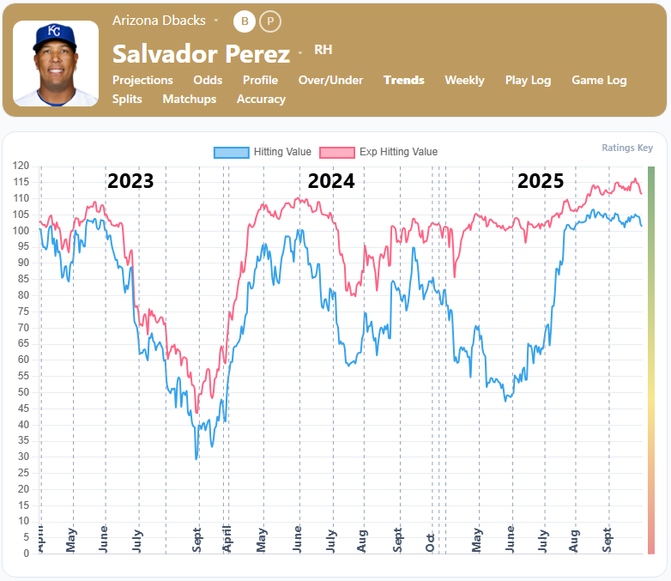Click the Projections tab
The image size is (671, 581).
point(142,80)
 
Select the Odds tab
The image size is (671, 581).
point(208,80)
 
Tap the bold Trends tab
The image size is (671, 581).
point(404,80)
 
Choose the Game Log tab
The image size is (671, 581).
point(599,80)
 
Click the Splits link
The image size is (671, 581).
point(127,99)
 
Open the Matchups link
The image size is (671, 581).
point(190,99)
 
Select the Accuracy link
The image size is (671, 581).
point(261,99)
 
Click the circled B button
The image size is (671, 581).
point(245,21)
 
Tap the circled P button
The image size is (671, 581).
point(270,21)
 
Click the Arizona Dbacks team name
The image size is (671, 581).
point(159,20)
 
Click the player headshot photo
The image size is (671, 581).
point(55,64)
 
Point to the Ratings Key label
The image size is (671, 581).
point(626,148)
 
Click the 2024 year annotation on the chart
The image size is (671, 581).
point(331,181)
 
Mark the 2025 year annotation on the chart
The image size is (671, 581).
point(540,181)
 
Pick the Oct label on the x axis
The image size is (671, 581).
point(431,542)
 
